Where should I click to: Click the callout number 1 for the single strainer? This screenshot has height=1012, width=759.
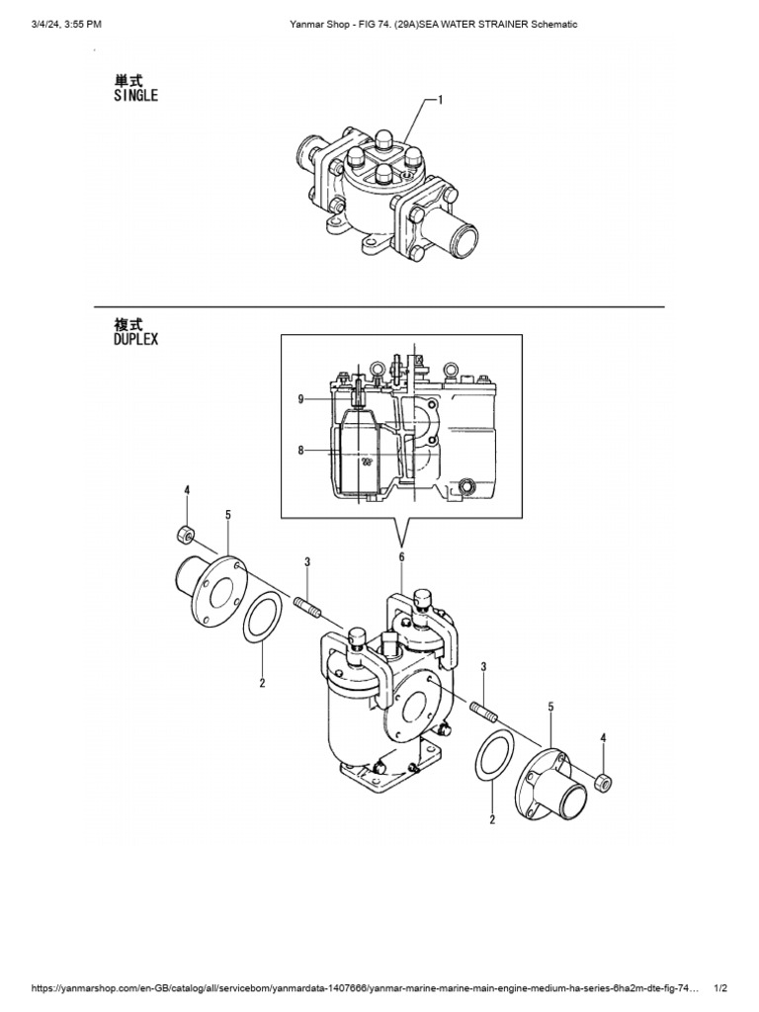pyautogui.click(x=440, y=99)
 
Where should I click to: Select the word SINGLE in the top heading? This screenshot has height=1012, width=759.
pyautogui.click(x=136, y=96)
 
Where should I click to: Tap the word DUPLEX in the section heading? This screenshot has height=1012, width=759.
pyautogui.click(x=136, y=338)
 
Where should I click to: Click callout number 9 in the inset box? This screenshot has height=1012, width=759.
pyautogui.click(x=300, y=400)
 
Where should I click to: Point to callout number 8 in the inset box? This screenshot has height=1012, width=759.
pyautogui.click(x=300, y=451)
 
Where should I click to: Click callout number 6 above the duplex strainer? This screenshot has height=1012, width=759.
pyautogui.click(x=401, y=558)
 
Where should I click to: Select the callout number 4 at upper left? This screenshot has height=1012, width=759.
pyautogui.click(x=186, y=491)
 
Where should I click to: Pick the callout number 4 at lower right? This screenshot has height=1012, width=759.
pyautogui.click(x=605, y=738)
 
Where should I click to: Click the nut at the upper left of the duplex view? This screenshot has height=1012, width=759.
pyautogui.click(x=183, y=535)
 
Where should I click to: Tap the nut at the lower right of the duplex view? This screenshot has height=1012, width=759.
pyautogui.click(x=604, y=783)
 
